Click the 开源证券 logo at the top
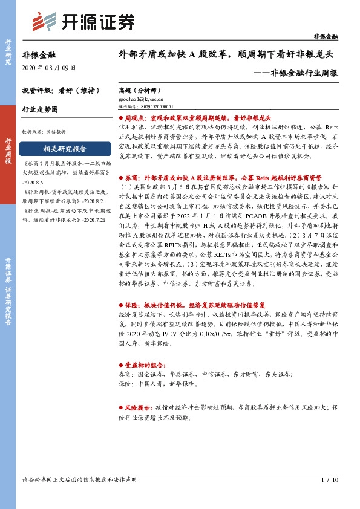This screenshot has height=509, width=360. (83, 22)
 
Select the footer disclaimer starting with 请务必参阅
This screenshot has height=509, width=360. (79, 479)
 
